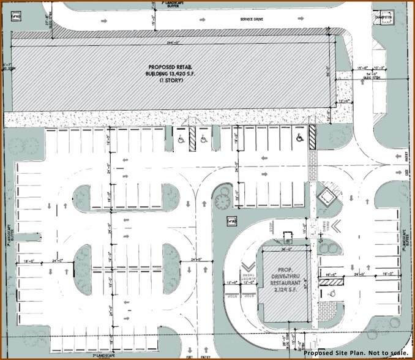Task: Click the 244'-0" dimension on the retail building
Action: pos(173,43)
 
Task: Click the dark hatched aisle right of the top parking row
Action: pos(312,136)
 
